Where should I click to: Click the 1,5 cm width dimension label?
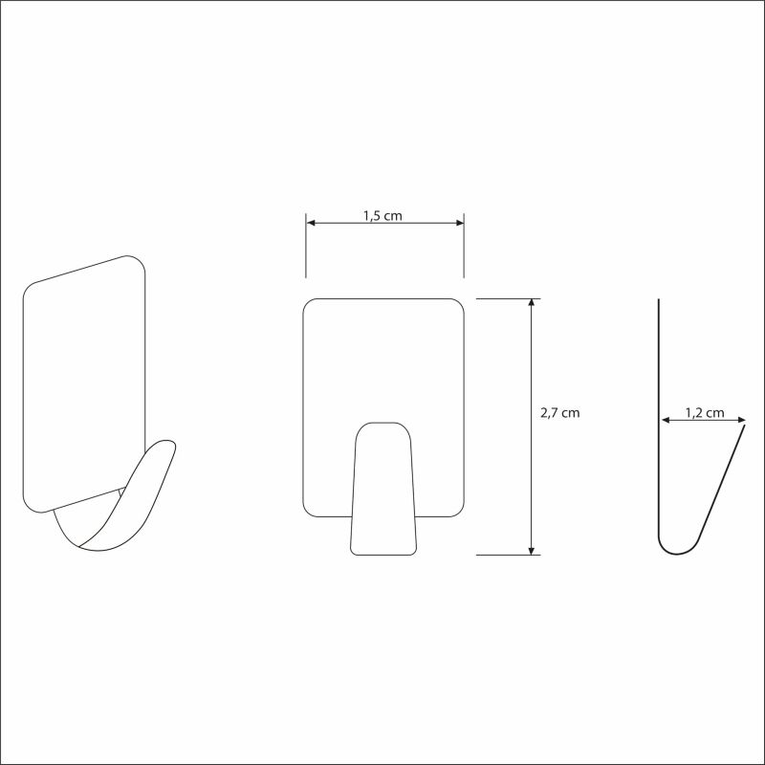click(x=382, y=216)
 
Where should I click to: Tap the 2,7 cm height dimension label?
click(x=560, y=413)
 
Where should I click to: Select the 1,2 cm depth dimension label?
click(x=705, y=413)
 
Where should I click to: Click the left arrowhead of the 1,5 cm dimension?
click(x=310, y=223)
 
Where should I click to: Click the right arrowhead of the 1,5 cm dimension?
click(x=460, y=223)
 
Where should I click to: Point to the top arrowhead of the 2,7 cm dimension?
click(x=532, y=302)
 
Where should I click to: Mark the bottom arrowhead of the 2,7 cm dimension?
click(x=532, y=551)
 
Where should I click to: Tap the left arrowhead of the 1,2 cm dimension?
click(x=666, y=420)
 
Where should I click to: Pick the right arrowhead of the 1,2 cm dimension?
click(x=741, y=420)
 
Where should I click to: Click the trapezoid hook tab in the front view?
click(x=383, y=489)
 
